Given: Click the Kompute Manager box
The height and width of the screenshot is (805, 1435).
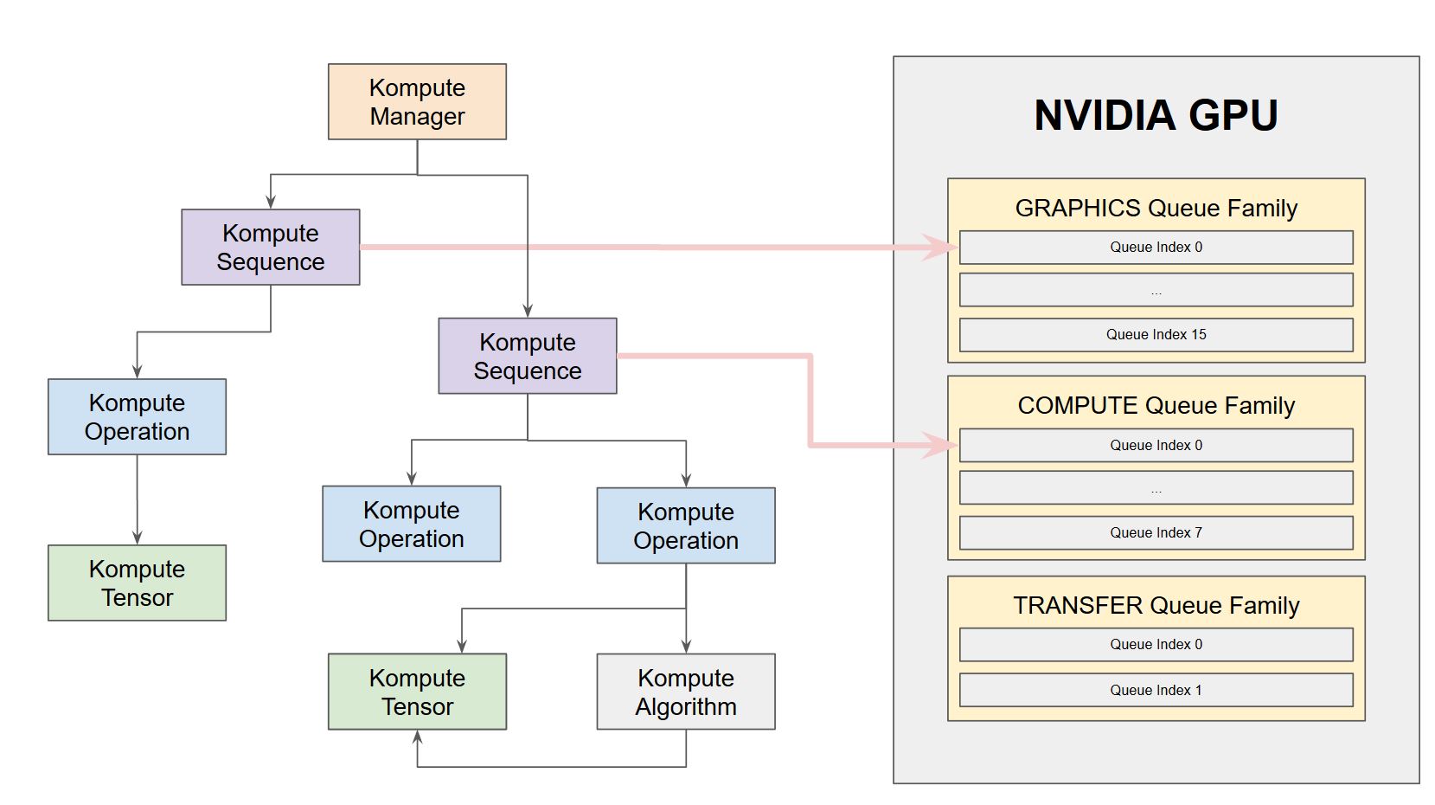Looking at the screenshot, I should [x=417, y=102].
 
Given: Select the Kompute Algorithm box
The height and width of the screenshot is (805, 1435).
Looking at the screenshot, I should [x=685, y=692].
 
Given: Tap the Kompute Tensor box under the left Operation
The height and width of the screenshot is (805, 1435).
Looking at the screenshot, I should [x=137, y=583].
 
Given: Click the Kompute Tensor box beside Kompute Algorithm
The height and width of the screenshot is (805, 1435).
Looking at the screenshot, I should [x=417, y=692].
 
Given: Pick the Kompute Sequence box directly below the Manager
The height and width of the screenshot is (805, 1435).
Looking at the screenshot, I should [x=270, y=247].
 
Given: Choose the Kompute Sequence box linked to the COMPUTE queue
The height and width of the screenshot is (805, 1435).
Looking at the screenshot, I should [x=527, y=356].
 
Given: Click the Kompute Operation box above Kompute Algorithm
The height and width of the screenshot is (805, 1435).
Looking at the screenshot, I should [x=685, y=525].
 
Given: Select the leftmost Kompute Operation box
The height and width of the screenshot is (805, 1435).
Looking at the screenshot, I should [x=137, y=416].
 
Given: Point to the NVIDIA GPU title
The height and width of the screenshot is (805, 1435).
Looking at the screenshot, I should [x=1156, y=115].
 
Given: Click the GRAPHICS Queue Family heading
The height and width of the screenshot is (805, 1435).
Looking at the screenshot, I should [x=1156, y=208].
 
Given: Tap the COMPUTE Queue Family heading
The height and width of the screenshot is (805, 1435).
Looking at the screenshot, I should [x=1156, y=405].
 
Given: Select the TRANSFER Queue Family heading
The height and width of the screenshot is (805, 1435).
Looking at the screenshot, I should [x=1156, y=605].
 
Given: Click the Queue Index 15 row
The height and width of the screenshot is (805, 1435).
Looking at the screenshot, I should [x=1156, y=335].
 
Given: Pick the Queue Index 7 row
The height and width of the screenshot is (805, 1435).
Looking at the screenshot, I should [x=1156, y=533].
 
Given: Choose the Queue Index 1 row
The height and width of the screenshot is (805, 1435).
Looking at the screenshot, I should [x=1156, y=690].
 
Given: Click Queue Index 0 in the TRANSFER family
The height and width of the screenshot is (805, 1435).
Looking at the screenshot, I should [x=1156, y=644].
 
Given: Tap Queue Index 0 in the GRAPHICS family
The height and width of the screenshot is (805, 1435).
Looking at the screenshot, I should [x=1156, y=247].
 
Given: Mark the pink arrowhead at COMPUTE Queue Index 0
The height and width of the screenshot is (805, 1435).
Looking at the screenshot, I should [x=940, y=445].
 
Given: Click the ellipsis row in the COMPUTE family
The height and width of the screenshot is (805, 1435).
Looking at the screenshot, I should [x=1156, y=488].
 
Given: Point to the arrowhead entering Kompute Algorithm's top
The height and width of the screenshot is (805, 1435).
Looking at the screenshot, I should [x=686, y=646].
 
